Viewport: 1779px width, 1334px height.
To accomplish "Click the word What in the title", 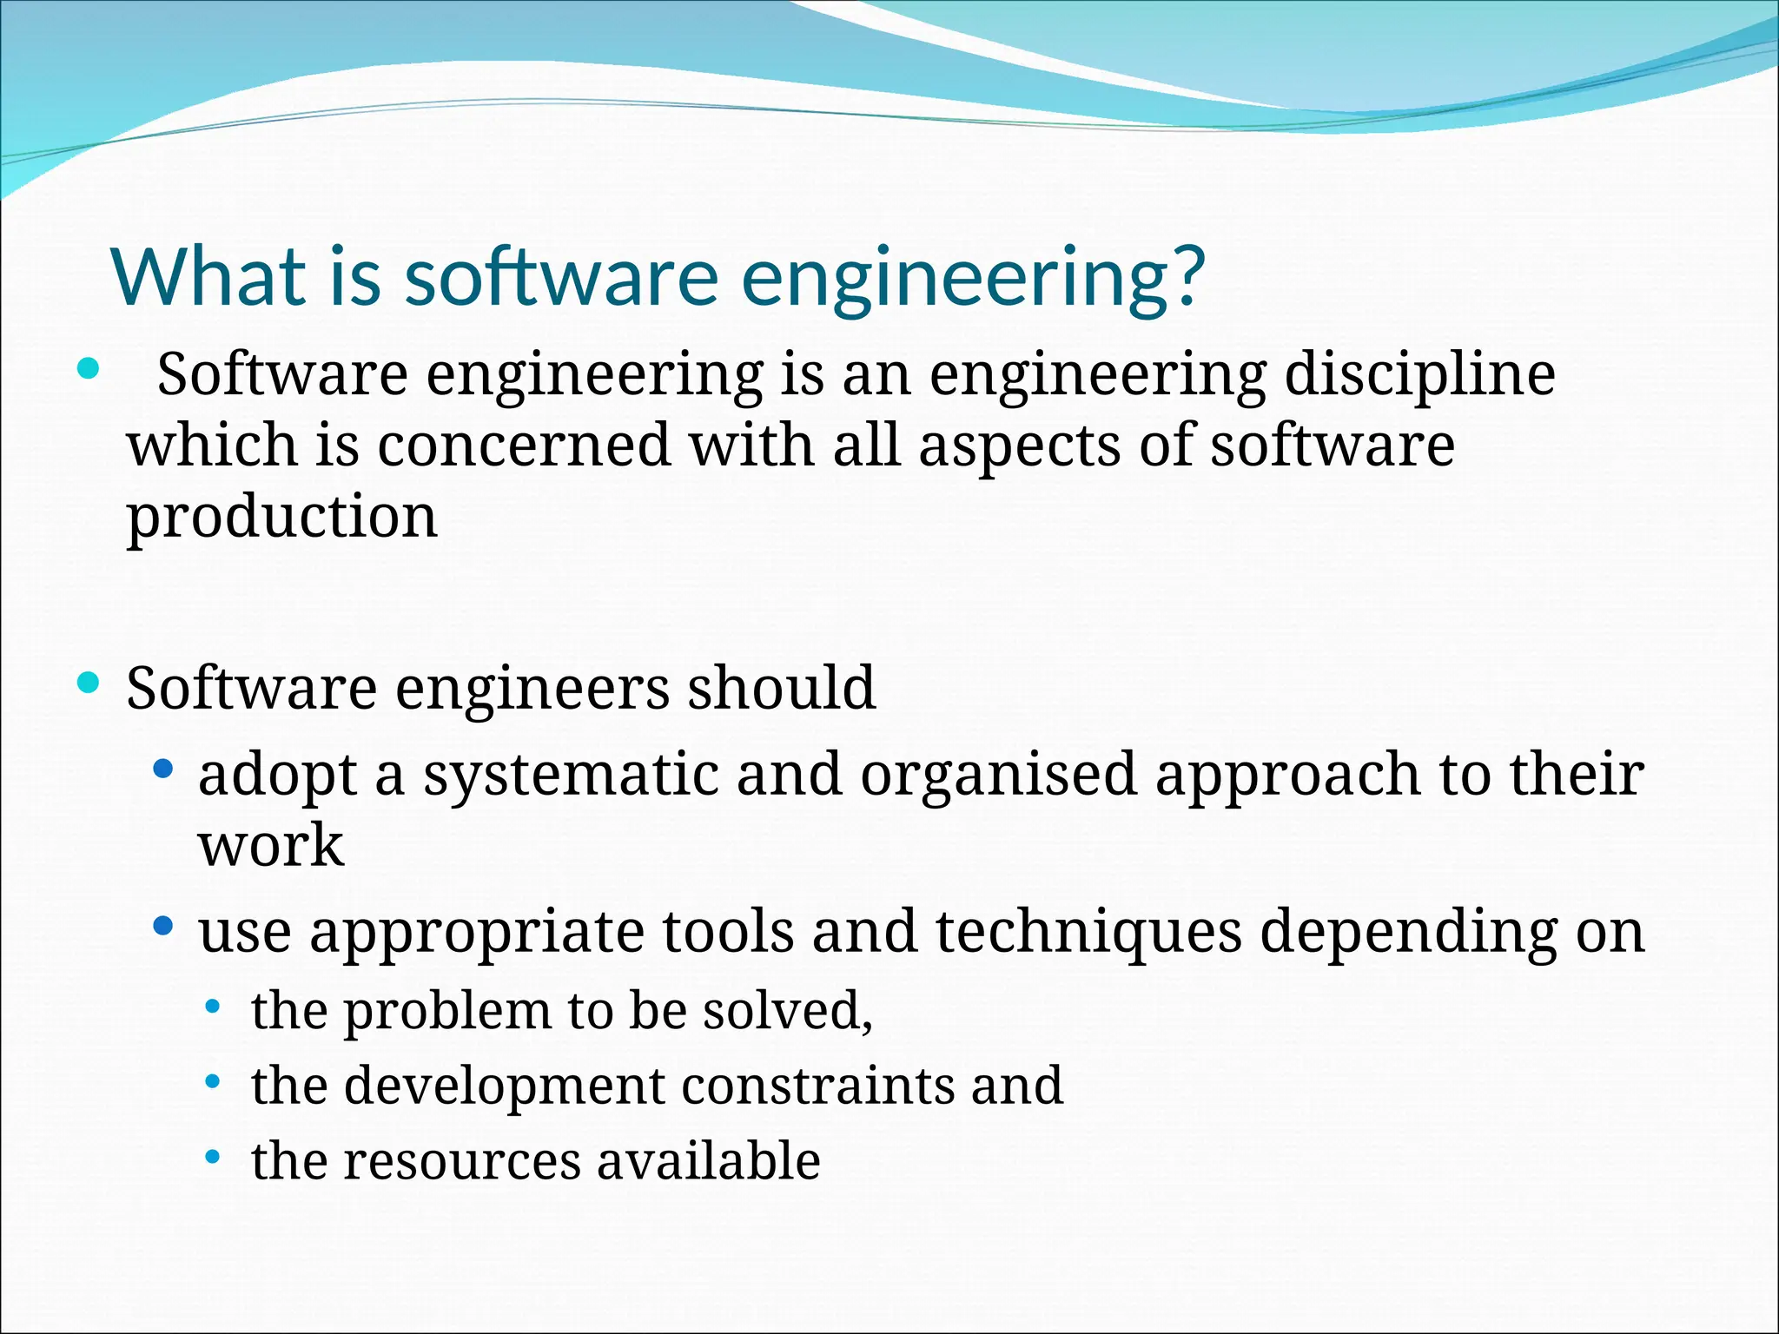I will (x=207, y=276).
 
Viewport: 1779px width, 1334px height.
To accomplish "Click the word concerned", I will (x=524, y=446).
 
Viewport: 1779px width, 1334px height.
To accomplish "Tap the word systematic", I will (x=571, y=775).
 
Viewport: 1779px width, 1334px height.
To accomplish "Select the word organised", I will (x=998, y=775).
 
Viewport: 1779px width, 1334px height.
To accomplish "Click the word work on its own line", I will (x=270, y=845).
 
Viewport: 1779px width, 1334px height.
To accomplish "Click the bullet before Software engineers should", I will (x=88, y=683).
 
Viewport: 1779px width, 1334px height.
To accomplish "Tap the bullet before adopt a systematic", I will (x=162, y=769).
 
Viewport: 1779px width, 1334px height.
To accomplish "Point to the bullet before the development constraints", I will (x=213, y=1082).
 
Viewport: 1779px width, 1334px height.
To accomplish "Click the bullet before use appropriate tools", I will (x=162, y=927).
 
